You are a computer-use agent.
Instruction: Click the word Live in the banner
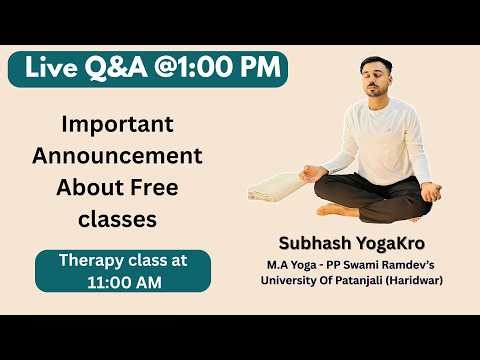tap(53, 68)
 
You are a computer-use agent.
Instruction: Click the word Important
tap(118, 125)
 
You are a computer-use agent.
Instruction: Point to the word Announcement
tap(118, 156)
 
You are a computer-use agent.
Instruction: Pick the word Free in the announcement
tap(161, 187)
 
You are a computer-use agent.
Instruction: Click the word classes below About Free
tap(118, 218)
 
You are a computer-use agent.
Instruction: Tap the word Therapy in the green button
tap(93, 260)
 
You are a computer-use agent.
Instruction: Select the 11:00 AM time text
tap(123, 282)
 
